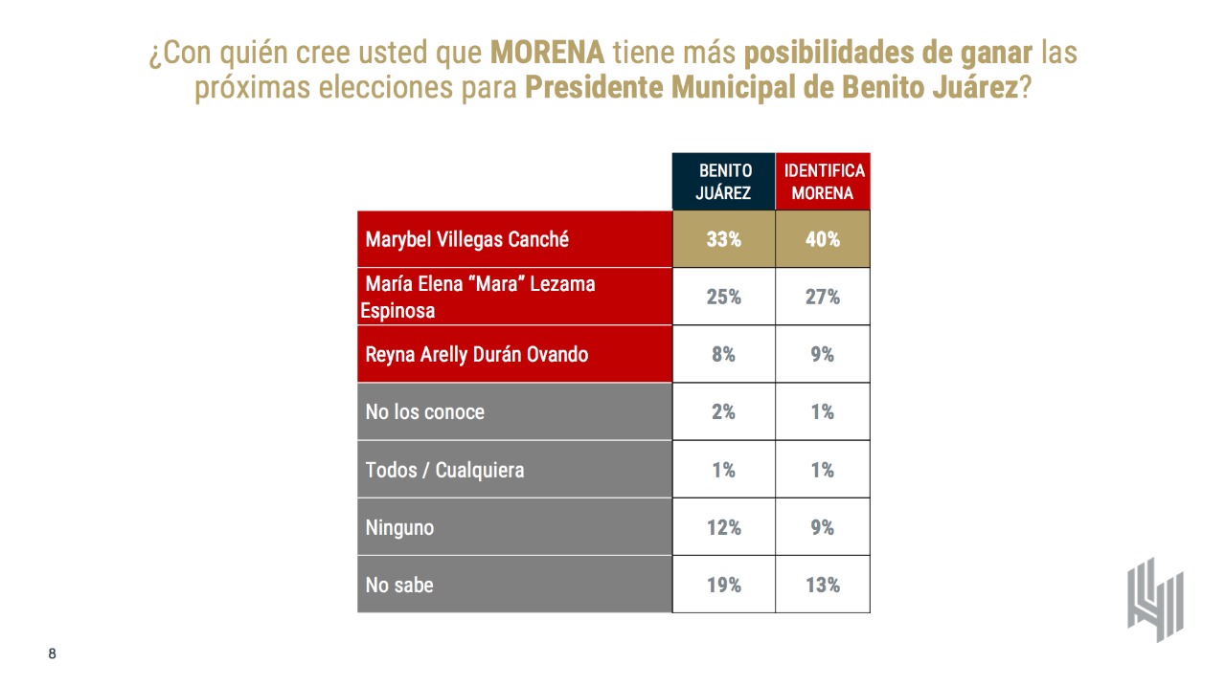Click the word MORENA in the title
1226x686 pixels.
click(x=547, y=52)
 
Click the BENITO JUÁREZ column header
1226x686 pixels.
click(x=724, y=182)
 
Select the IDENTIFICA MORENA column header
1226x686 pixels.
click(x=823, y=182)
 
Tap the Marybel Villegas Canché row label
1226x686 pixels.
click(x=466, y=239)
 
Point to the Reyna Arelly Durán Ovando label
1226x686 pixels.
click(x=476, y=354)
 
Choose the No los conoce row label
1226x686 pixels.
click(x=424, y=411)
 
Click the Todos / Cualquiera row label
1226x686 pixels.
click(x=444, y=470)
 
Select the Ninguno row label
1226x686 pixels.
click(x=399, y=527)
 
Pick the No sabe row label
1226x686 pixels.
click(x=398, y=585)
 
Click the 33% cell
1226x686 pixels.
click(x=724, y=239)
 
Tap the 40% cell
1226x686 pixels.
click(x=823, y=239)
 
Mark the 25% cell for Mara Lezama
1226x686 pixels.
click(x=724, y=297)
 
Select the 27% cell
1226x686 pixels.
click(x=823, y=297)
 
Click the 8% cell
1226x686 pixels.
click(x=724, y=354)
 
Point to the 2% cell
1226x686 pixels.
click(x=724, y=411)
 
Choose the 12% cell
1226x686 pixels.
click(x=724, y=527)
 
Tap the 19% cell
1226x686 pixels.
click(x=724, y=585)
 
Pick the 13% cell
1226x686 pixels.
click(x=823, y=585)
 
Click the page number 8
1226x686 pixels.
click(x=53, y=654)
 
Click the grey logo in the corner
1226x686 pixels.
click(x=1155, y=599)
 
